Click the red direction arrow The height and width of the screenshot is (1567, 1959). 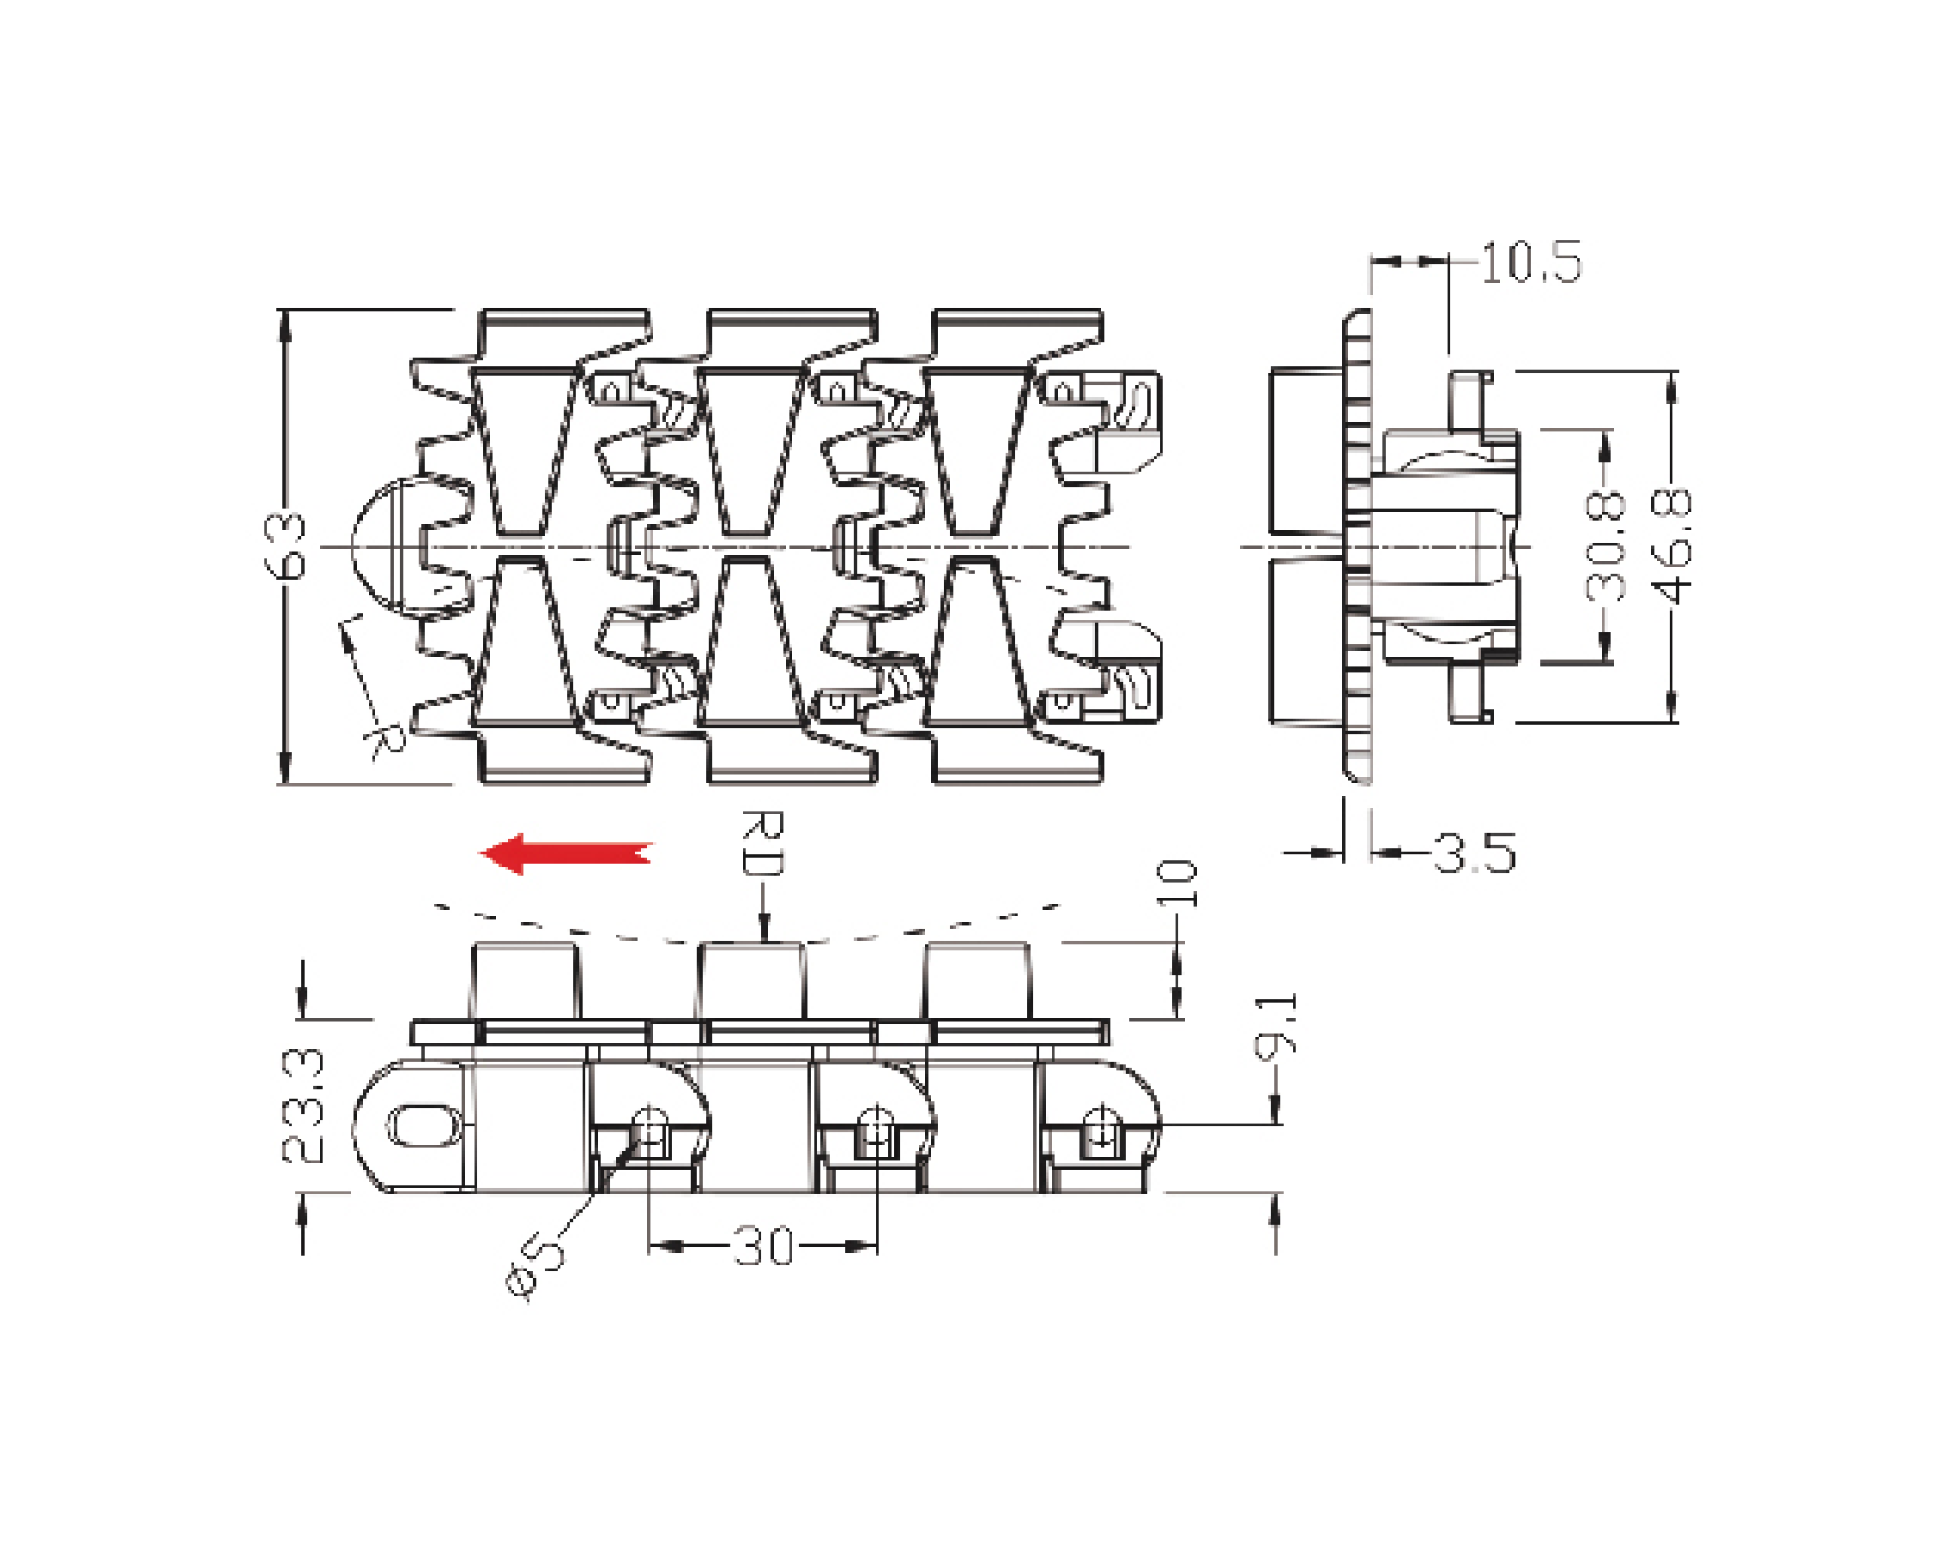(565, 853)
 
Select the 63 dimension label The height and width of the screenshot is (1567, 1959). (284, 546)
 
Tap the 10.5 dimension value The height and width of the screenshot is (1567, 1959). (1532, 262)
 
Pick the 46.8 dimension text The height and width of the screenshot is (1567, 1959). (1672, 546)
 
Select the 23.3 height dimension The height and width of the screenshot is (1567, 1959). (302, 1106)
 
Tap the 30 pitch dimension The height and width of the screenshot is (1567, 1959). (763, 1246)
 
